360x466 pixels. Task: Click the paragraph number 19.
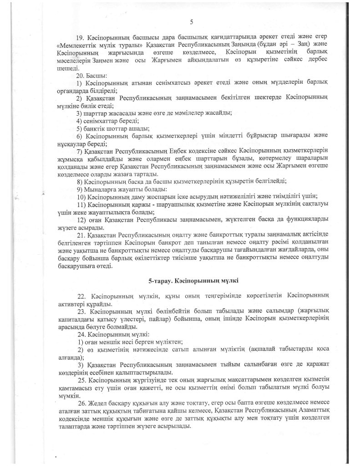(82, 35)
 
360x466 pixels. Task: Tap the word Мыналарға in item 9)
(101, 189)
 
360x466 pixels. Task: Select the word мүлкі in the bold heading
(229, 279)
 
